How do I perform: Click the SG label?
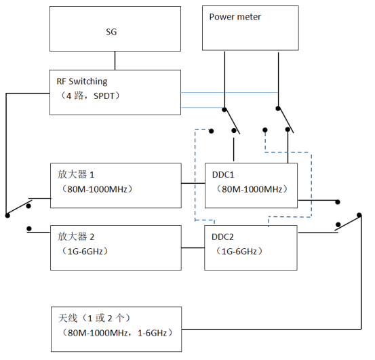(x=111, y=32)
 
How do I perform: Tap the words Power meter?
(x=235, y=17)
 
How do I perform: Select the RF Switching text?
(x=82, y=81)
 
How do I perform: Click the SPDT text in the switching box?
(x=104, y=96)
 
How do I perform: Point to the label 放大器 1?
(x=76, y=174)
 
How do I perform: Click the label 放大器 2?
(x=76, y=237)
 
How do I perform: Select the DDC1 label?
(x=223, y=175)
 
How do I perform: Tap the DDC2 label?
(x=222, y=237)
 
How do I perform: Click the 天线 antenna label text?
(x=68, y=318)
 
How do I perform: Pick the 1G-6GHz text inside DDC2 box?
(x=239, y=252)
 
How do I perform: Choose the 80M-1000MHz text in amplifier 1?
(x=97, y=189)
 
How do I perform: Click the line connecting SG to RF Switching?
(x=115, y=60)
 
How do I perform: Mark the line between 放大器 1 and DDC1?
(x=193, y=183)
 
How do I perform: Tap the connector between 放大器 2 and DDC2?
(x=193, y=248)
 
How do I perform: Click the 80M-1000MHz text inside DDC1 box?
(x=252, y=189)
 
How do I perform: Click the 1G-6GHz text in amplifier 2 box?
(x=85, y=252)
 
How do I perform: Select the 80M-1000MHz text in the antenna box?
(x=98, y=333)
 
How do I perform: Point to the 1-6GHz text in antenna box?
(x=152, y=333)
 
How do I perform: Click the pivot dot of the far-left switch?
(x=7, y=216)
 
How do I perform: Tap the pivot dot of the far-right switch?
(x=359, y=215)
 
